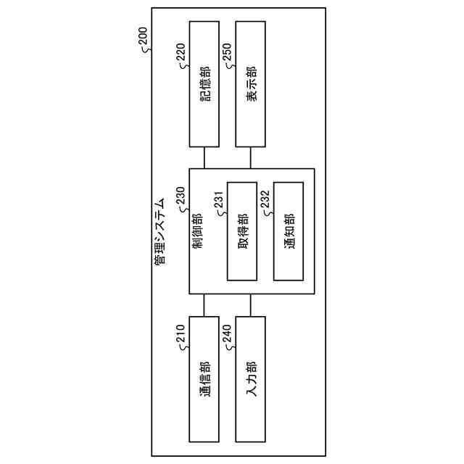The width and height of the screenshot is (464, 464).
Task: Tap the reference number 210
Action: [x=180, y=336]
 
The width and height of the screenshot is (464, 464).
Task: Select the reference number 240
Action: [x=226, y=336]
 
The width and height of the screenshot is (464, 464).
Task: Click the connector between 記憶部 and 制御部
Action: [x=204, y=158]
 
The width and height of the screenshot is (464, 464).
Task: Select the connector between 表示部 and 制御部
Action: [x=251, y=158]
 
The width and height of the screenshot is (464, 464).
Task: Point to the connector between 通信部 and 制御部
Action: [x=204, y=305]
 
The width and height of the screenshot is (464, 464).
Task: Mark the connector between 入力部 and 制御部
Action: [x=251, y=305]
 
